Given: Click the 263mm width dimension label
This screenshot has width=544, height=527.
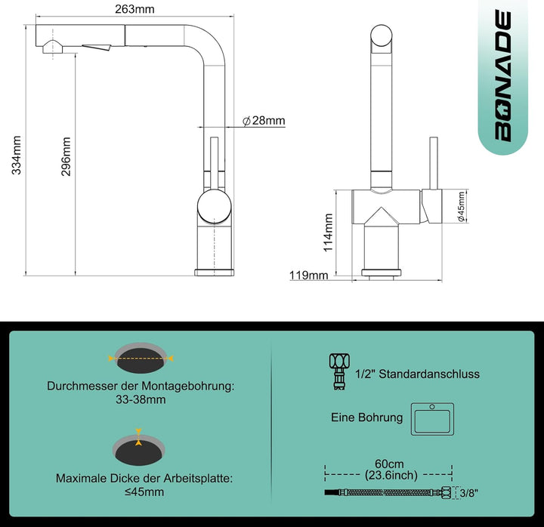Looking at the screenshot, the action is tap(134, 9).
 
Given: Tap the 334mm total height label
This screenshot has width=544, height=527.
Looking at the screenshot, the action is tap(17, 155).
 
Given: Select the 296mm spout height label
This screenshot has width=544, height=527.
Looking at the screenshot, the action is tap(66, 157).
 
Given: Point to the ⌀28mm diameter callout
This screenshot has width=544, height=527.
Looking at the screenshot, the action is tap(264, 121).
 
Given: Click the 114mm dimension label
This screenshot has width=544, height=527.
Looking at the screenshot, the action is tap(328, 233).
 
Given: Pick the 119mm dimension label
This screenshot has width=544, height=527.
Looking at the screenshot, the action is tap(308, 276).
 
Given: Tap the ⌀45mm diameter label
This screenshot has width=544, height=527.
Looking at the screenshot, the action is tap(461, 206).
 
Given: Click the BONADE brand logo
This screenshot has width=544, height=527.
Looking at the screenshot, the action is tap(502, 76).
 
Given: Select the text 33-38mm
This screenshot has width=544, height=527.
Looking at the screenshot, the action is tap(141, 399).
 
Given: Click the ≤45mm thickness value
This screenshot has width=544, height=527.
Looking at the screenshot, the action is tap(144, 492).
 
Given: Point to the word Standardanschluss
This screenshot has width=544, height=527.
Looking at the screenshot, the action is tap(429, 374).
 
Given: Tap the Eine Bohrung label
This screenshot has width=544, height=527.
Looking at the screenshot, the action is tap(366, 417).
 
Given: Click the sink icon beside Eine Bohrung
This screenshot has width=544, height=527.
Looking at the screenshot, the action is tap(432, 419).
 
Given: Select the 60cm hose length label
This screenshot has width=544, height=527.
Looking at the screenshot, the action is tap(389, 464).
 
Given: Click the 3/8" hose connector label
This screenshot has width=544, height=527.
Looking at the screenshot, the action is tap(469, 493).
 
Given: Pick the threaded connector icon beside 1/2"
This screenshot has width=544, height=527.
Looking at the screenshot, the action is tap(339, 371).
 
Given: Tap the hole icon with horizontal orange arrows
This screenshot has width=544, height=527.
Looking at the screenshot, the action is tap(141, 358).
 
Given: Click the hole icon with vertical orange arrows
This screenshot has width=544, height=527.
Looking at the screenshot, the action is tap(139, 448).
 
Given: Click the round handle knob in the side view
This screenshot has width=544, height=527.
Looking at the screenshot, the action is tap(214, 207).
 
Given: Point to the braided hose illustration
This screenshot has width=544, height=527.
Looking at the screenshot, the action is tap(388, 492).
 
